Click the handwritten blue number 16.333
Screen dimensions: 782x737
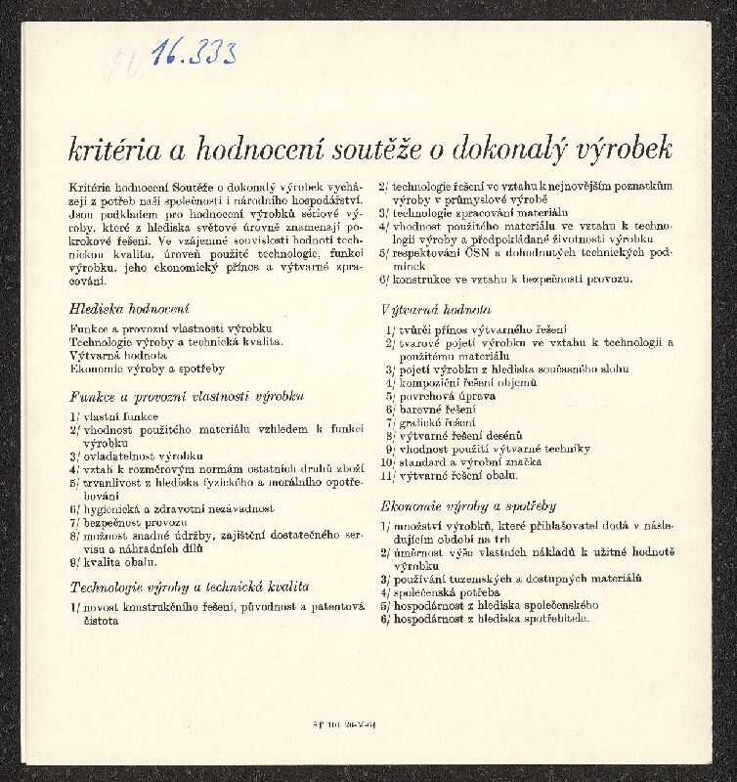coord(194,53)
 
